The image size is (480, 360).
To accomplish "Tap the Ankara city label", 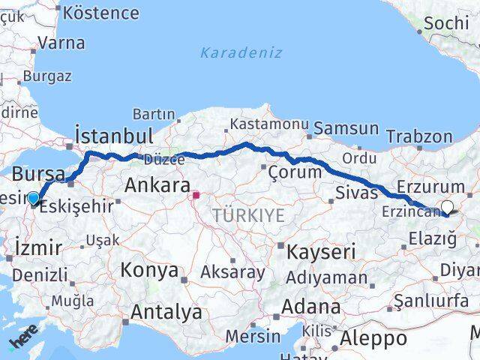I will tap(157, 184).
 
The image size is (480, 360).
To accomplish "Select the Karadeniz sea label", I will tap(241, 52).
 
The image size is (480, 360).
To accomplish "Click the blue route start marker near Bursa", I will tap(34, 199).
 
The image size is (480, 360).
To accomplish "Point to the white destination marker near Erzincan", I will tap(448, 208).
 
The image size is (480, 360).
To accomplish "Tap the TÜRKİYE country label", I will tap(248, 216).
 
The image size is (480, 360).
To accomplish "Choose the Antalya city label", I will tap(166, 311).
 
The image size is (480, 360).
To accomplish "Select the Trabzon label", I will tap(419, 136).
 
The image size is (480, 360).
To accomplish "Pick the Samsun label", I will tap(346, 129).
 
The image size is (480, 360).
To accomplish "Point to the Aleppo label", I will tap(373, 338).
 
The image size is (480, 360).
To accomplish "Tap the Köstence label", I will tap(101, 13).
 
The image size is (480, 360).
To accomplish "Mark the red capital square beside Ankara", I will tap(196, 196).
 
